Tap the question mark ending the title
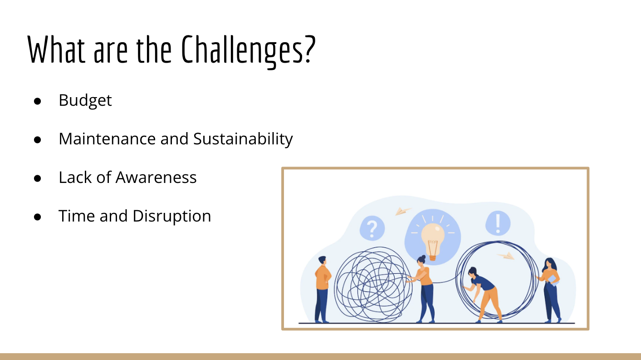(x=310, y=49)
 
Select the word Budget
(x=85, y=101)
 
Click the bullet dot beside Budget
(x=37, y=101)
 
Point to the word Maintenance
(x=108, y=138)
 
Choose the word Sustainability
(x=243, y=139)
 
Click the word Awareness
(x=156, y=178)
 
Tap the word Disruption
(x=171, y=216)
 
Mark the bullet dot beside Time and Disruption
(x=37, y=217)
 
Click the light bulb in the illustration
(x=433, y=241)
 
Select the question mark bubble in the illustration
(x=372, y=228)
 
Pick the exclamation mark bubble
(x=498, y=223)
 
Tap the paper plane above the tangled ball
(x=403, y=212)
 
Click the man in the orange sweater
(x=323, y=289)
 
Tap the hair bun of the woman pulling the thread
(x=424, y=257)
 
